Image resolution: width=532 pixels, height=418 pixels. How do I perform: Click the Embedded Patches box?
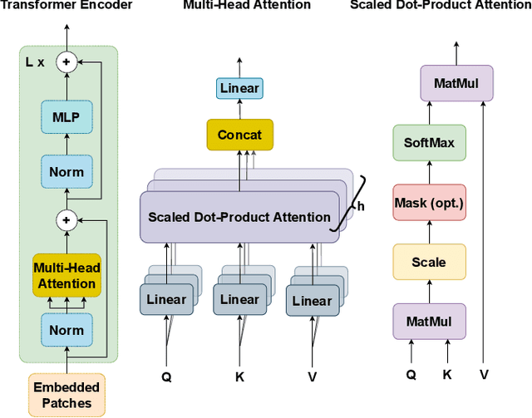(66, 395)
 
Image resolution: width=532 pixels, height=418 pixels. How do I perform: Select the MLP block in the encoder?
(66, 117)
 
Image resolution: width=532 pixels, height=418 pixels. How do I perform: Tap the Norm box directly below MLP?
(66, 173)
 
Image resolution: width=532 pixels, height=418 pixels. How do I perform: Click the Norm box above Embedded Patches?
(66, 330)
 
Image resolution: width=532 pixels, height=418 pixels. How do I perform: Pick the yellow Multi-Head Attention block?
(66, 274)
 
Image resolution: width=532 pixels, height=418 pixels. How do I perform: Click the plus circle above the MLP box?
(66, 61)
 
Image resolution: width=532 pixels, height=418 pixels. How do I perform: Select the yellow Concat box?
(239, 135)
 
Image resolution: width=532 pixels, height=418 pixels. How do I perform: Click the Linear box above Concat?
(239, 88)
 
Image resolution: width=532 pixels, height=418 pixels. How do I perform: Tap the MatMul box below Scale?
(430, 321)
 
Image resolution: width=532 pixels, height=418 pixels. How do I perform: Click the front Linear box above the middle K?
(239, 300)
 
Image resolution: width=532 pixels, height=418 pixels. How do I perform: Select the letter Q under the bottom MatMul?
(411, 375)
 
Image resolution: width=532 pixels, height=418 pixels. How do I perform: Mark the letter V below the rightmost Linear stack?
(313, 376)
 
